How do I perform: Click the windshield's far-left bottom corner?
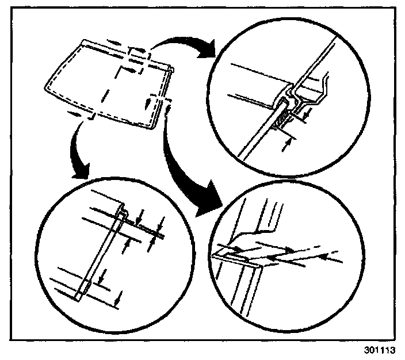point(45,89)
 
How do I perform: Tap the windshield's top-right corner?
point(171,67)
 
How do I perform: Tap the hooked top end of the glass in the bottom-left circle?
point(123,210)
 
